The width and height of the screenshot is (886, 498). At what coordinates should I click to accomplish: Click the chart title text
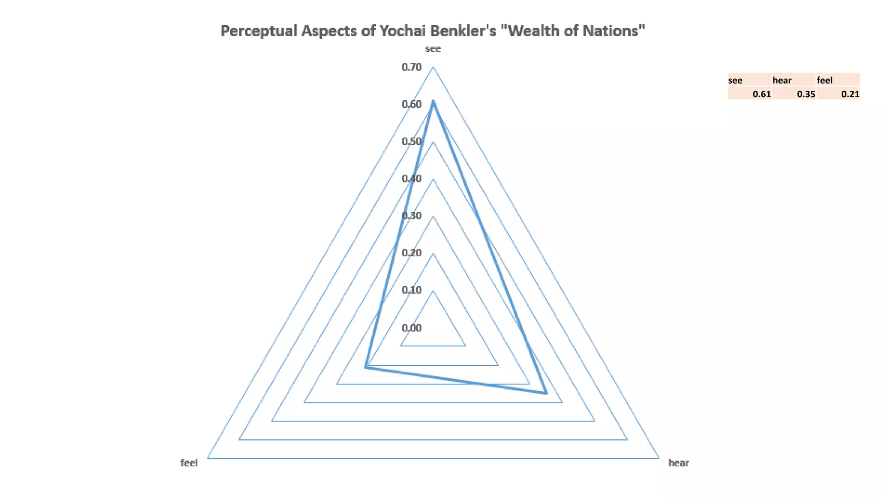(433, 31)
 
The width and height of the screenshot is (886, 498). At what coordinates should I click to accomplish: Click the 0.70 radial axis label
(411, 67)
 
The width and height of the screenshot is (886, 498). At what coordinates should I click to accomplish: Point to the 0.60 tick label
(411, 104)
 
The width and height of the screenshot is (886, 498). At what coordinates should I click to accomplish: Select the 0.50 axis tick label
(411, 141)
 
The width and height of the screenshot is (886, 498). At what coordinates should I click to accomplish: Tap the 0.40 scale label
(411, 179)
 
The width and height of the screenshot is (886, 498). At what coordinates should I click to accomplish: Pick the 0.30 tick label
(411, 216)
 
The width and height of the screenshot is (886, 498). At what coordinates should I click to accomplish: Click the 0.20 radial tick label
(411, 253)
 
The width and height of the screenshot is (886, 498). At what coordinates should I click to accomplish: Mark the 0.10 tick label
(411, 290)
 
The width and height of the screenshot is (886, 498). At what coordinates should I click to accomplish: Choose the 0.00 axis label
(411, 328)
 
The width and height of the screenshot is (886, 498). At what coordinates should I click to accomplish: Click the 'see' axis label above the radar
(433, 49)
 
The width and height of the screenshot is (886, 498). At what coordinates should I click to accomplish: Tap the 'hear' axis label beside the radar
(678, 463)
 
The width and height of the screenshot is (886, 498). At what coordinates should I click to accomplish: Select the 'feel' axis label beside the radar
(189, 463)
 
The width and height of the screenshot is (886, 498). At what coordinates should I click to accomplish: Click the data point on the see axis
(433, 102)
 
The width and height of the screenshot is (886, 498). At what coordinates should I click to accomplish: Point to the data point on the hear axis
(546, 393)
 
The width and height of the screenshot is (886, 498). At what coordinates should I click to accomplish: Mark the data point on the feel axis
(366, 367)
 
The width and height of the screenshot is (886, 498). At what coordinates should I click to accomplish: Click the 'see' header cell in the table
(749, 80)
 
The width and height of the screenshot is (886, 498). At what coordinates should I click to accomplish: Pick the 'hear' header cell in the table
(793, 80)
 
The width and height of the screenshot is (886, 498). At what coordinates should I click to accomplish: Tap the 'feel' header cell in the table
(838, 80)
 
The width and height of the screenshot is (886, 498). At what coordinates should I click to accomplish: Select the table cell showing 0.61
(750, 94)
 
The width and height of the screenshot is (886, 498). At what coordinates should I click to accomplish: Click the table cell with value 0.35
(794, 94)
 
